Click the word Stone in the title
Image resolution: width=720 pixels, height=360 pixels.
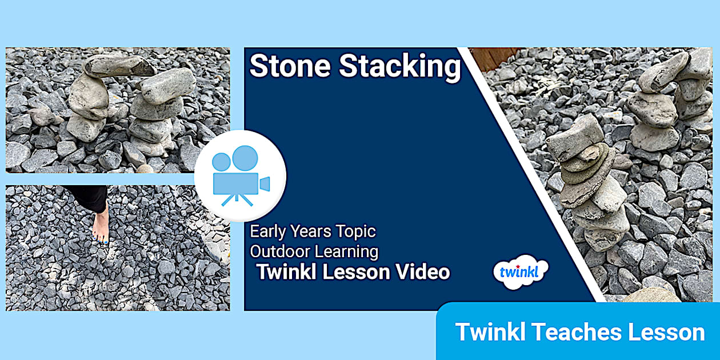[290, 67]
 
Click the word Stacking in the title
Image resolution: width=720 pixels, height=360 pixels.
[400, 67]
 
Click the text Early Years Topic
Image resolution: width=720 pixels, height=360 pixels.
[313, 231]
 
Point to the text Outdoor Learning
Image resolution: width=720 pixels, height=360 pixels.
[314, 251]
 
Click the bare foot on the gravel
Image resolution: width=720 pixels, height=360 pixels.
[101, 226]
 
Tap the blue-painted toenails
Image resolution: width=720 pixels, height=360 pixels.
[101, 242]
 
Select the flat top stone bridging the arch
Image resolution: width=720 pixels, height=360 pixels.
[117, 66]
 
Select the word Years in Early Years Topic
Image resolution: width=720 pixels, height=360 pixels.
[318, 231]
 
